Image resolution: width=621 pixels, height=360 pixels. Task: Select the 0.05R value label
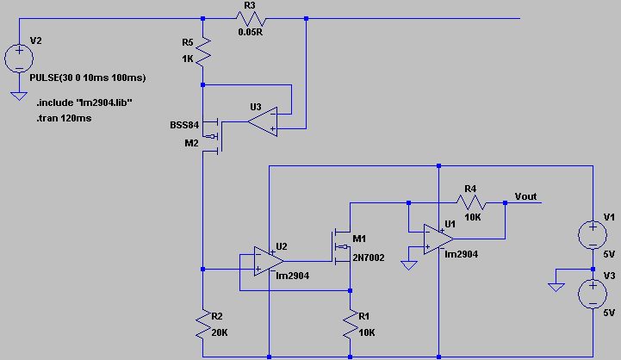tap(251, 34)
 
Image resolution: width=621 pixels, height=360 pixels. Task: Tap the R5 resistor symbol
tap(202, 52)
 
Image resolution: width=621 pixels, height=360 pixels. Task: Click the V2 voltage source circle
tap(19, 59)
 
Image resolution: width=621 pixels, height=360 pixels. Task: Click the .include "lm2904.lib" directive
tap(84, 102)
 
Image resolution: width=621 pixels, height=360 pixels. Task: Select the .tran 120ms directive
tap(65, 119)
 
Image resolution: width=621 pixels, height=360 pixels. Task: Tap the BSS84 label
tap(184, 125)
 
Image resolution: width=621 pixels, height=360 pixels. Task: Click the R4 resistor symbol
tap(471, 204)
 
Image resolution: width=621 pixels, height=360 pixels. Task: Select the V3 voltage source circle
tap(593, 295)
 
